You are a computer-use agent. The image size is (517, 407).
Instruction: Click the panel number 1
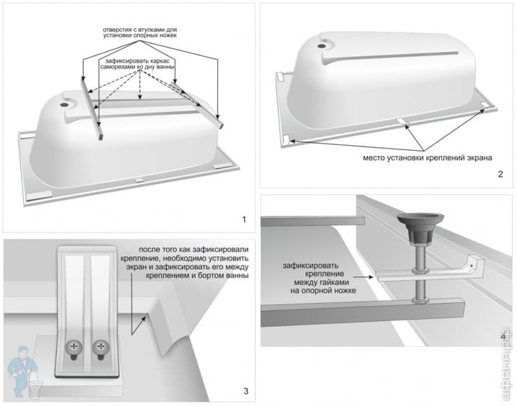pyautogui.click(x=244, y=219)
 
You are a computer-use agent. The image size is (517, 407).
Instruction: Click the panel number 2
pyautogui.click(x=500, y=175)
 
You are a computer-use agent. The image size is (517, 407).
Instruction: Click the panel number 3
pyautogui.click(x=246, y=392)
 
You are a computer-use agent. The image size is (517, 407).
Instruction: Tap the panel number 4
pyautogui.click(x=501, y=334)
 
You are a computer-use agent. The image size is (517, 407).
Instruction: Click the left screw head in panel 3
pyautogui.click(x=74, y=349)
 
